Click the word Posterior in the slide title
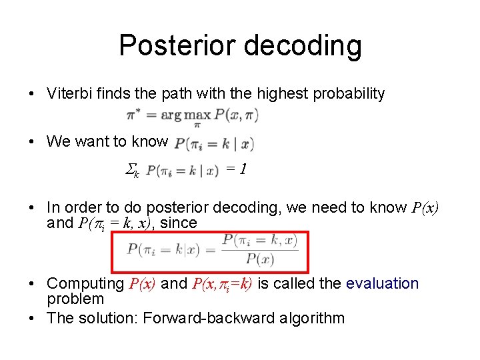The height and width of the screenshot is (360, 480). point(175,46)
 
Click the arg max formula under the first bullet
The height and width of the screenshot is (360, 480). point(192,115)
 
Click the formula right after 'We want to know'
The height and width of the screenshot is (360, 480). point(213,143)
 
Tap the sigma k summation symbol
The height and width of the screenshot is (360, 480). point(133,171)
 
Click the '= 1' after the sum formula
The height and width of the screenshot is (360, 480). point(237,170)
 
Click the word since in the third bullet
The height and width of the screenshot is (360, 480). point(179,223)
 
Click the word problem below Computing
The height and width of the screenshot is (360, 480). point(75,299)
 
